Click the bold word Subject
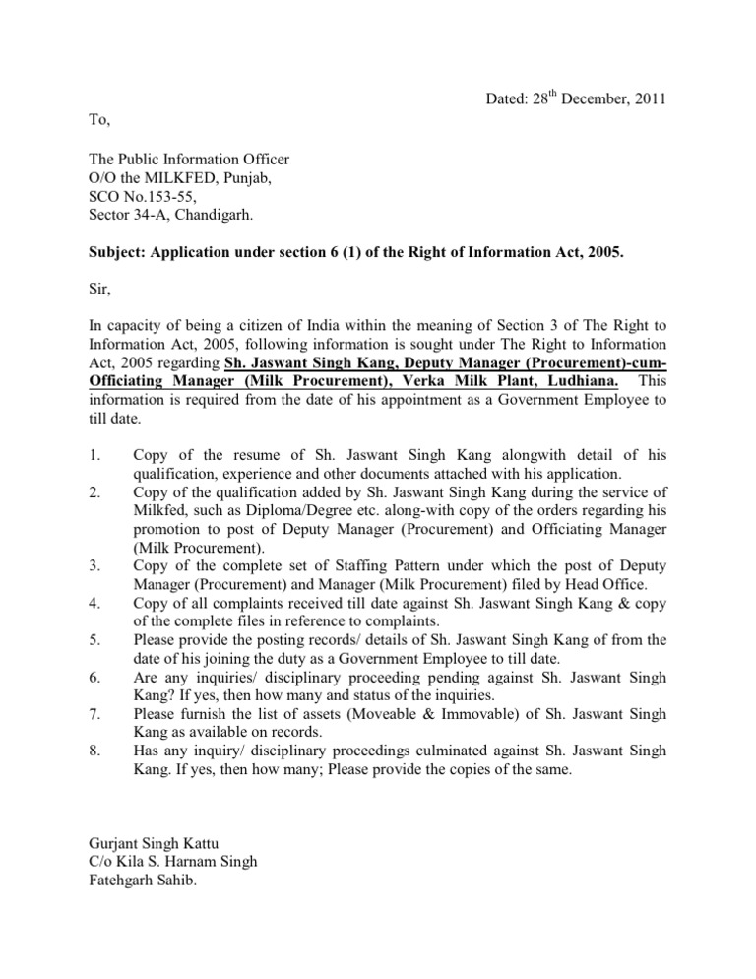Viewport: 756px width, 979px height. [104, 252]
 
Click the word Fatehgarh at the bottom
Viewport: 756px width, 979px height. [111, 881]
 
